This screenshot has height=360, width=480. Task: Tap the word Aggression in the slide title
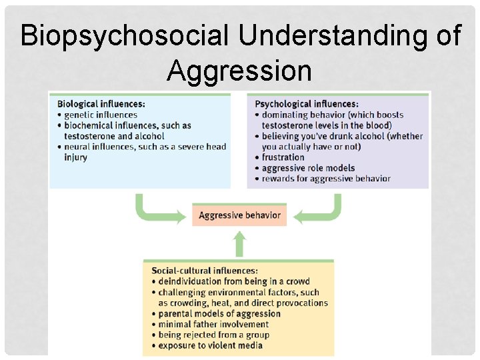pyautogui.click(x=239, y=70)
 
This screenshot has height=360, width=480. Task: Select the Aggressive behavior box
pyautogui.click(x=239, y=215)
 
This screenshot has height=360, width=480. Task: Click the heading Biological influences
pyautogui.click(x=101, y=104)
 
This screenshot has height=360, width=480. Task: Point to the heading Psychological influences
pyautogui.click(x=307, y=104)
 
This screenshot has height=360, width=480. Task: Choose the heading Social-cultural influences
pyautogui.click(x=205, y=271)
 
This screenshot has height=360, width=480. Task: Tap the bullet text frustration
pyautogui.click(x=283, y=157)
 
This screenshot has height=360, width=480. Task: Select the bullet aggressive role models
pyautogui.click(x=308, y=168)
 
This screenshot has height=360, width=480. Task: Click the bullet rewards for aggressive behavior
pyautogui.click(x=326, y=179)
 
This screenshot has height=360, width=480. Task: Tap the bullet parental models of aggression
pyautogui.click(x=219, y=313)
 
